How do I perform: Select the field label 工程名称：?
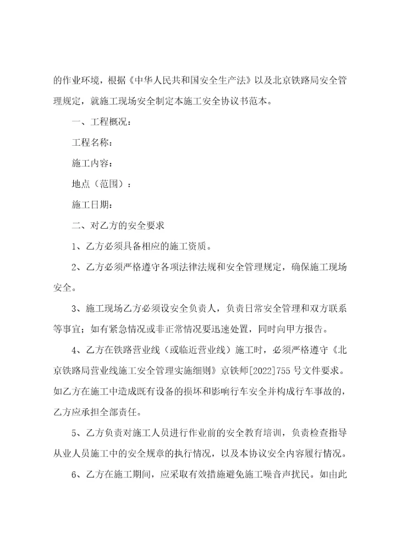92,142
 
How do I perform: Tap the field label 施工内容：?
92,163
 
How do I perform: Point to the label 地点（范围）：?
101,184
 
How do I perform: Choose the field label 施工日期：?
92,205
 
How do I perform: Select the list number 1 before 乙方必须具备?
75,246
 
